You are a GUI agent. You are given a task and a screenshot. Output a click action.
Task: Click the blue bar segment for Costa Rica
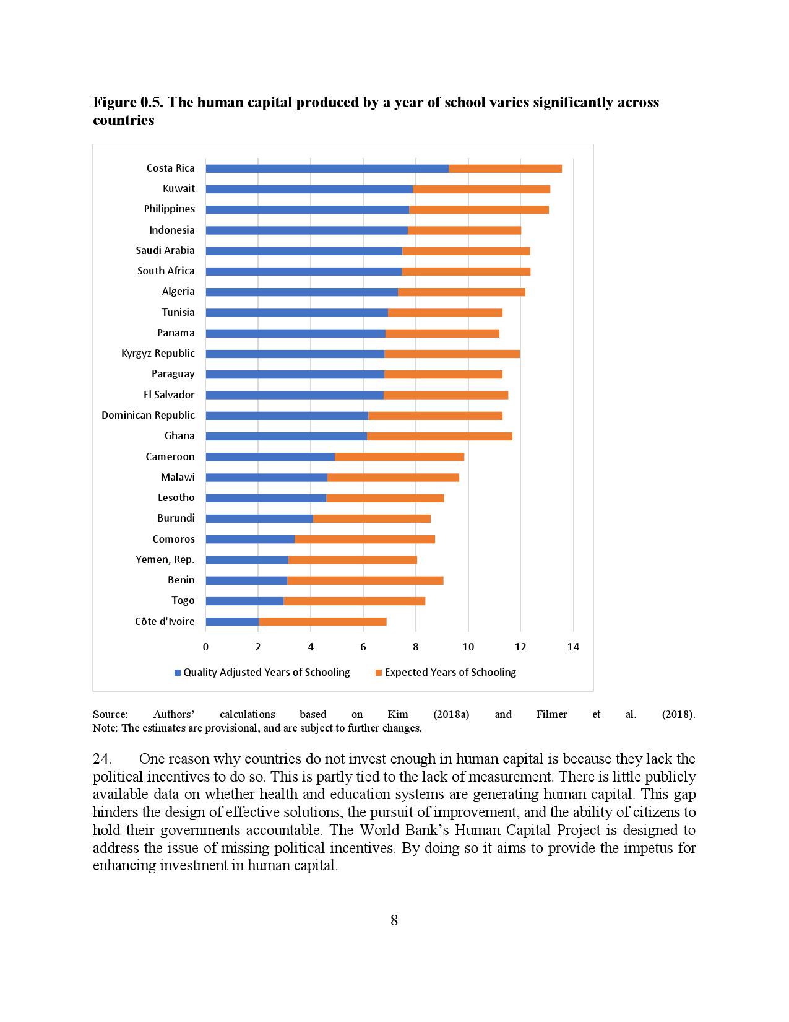pos(327,168)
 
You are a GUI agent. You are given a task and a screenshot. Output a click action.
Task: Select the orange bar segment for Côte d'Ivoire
pos(322,621)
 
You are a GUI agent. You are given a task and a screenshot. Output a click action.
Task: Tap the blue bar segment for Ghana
pos(286,436)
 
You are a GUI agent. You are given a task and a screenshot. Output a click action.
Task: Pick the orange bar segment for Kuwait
pos(481,189)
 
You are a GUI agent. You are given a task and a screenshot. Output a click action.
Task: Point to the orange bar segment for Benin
pos(365,580)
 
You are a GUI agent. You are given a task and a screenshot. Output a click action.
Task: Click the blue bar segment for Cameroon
pos(270,457)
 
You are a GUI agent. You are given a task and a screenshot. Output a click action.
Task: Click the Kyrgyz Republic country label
pos(158,354)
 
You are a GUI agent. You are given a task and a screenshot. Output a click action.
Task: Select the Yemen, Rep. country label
pos(165,560)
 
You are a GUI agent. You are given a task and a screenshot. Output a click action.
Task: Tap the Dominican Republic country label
pos(148,416)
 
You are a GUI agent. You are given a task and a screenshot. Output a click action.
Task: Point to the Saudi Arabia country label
pos(165,251)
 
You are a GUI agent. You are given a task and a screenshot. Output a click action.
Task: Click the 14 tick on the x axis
pos(573,647)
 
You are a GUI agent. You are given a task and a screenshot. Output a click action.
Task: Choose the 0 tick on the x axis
pos(206,647)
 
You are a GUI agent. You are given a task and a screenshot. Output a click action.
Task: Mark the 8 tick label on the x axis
pos(416,647)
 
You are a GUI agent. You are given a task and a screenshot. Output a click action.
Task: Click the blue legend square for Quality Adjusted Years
pos(178,673)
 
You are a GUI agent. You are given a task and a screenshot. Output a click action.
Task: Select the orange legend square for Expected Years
pos(379,673)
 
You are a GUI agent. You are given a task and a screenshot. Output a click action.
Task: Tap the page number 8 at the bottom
pos(394,920)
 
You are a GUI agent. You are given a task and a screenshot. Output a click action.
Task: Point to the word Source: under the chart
pos(110,715)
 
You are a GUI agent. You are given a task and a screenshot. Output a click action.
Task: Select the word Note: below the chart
pos(105,728)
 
